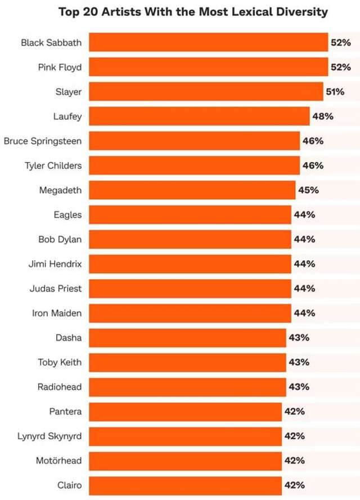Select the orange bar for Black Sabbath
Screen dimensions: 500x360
point(208,42)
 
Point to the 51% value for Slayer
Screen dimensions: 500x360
point(335,92)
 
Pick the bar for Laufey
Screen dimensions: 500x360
point(199,117)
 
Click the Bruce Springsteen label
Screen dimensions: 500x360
point(43,141)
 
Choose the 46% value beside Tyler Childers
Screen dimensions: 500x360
point(313,166)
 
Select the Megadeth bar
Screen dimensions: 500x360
point(192,190)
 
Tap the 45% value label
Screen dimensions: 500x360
point(308,190)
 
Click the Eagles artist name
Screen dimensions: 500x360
point(67,215)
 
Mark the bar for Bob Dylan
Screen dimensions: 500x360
point(190,239)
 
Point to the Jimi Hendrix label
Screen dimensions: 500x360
point(55,264)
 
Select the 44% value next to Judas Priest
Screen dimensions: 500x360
point(304,288)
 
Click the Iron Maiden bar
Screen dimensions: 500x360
point(190,313)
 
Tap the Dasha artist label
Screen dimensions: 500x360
point(69,338)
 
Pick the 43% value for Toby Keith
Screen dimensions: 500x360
point(299,362)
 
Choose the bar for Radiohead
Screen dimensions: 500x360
point(187,387)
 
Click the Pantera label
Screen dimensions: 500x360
point(65,412)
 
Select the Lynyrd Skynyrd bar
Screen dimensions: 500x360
point(185,436)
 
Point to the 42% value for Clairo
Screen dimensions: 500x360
point(295,485)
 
